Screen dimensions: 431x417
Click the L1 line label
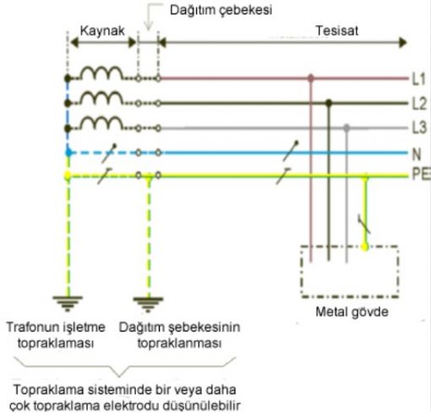(x=418, y=79)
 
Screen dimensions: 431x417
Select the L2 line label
(x=419, y=103)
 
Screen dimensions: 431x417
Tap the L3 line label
(x=419, y=128)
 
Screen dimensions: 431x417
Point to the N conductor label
(x=417, y=154)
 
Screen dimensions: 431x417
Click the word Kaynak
(x=102, y=30)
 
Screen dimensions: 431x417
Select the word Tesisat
(x=337, y=30)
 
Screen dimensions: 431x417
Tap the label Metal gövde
(x=352, y=312)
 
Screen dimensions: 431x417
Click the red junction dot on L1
(x=311, y=78)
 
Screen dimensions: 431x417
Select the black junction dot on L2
(x=329, y=102)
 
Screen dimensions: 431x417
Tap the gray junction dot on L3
(x=346, y=128)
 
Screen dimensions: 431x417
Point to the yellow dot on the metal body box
(x=365, y=247)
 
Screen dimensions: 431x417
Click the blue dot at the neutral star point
(x=68, y=153)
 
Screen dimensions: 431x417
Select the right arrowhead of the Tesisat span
(x=403, y=42)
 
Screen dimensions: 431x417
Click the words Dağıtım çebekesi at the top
(x=221, y=10)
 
